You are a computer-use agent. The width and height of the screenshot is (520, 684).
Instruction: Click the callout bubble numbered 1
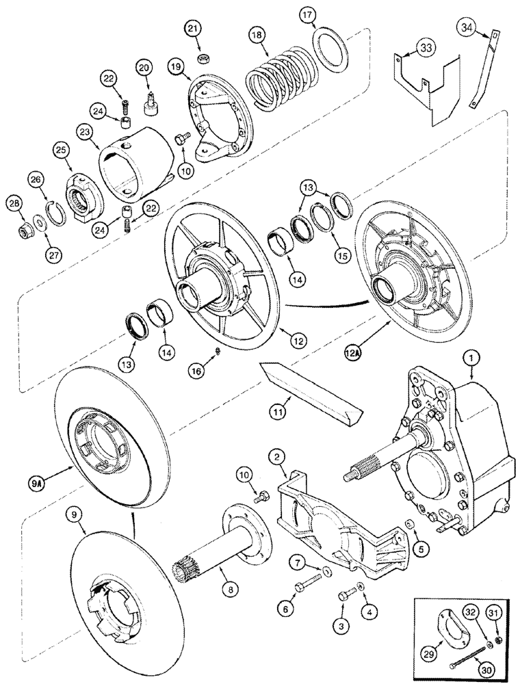[471, 356]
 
